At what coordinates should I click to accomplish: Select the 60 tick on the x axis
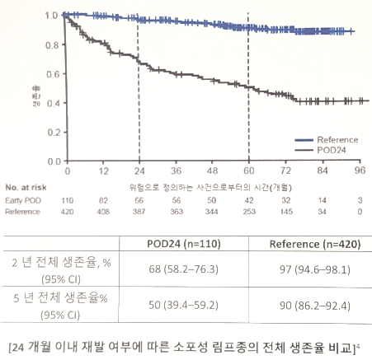click(x=247, y=172)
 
